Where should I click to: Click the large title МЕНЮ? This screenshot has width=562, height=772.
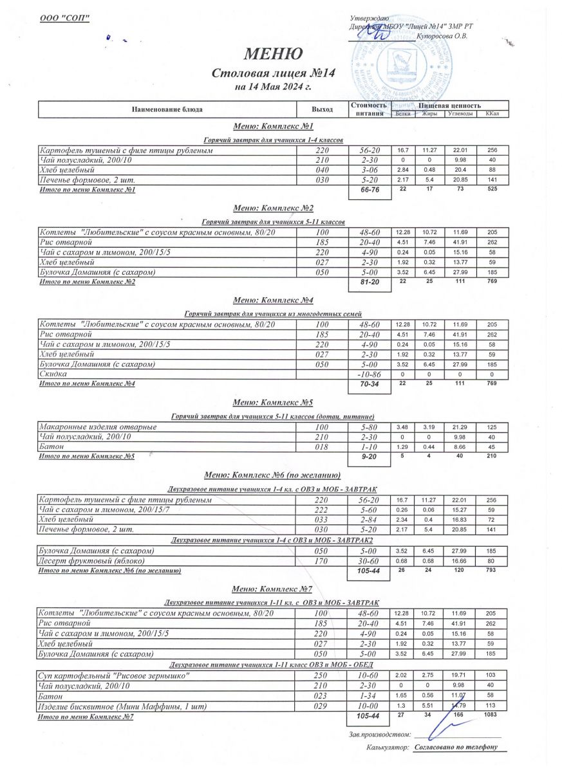click(x=273, y=53)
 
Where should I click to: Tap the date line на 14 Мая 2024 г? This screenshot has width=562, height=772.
click(x=273, y=86)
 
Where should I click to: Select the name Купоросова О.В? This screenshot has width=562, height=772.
click(x=442, y=36)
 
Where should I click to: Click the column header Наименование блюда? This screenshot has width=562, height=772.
click(x=167, y=109)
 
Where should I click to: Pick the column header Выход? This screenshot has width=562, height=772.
click(x=322, y=109)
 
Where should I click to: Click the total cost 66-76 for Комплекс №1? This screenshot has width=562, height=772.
click(x=370, y=191)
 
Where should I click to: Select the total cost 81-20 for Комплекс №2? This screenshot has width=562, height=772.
click(x=370, y=282)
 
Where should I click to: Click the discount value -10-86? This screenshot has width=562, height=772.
click(x=370, y=374)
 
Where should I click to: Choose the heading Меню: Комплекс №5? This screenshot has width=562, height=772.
click(x=273, y=403)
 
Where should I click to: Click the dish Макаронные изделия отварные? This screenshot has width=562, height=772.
click(x=98, y=427)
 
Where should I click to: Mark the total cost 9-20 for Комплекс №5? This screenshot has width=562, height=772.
click(x=370, y=457)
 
